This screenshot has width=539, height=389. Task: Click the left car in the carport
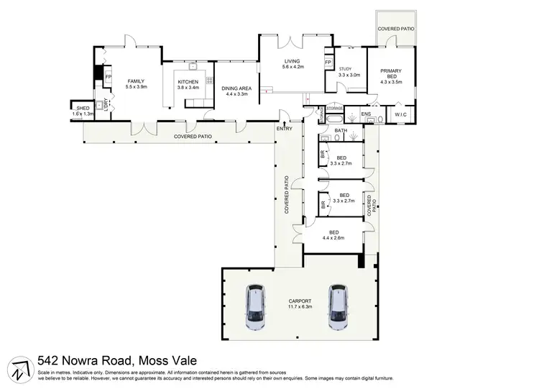254,307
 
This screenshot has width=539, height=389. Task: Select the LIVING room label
292,62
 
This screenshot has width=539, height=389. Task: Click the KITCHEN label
188,82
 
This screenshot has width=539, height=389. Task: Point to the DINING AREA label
236,88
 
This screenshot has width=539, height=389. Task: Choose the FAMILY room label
136,81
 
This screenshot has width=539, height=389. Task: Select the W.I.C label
401,114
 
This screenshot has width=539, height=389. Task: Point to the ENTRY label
284,129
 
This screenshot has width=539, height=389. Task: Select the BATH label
341,130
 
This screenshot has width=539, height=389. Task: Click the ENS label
366,114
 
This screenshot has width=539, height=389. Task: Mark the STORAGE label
335,108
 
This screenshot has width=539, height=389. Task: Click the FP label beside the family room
109,76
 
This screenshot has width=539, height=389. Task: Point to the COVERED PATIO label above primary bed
397,29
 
